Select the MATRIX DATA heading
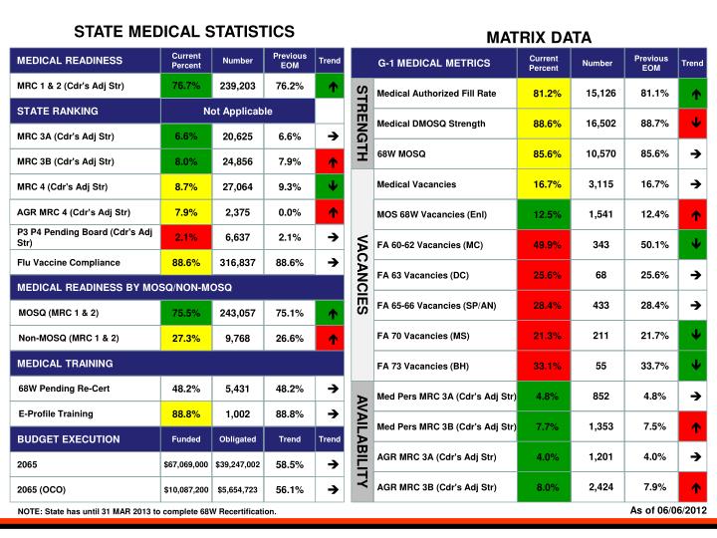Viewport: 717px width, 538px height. click(538, 38)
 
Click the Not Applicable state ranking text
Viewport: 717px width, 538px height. click(238, 111)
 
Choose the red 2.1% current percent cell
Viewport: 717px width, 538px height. click(186, 237)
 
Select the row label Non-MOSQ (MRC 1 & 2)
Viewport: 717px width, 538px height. click(70, 339)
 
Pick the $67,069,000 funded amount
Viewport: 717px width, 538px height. click(186, 464)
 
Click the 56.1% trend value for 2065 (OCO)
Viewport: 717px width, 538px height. click(290, 490)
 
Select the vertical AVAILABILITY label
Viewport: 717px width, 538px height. click(362, 438)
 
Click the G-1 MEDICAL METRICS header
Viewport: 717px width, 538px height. click(434, 64)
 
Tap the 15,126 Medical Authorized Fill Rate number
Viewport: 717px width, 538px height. click(600, 94)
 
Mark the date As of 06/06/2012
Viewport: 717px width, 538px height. click(668, 511)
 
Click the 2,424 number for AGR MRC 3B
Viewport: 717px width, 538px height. click(600, 487)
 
